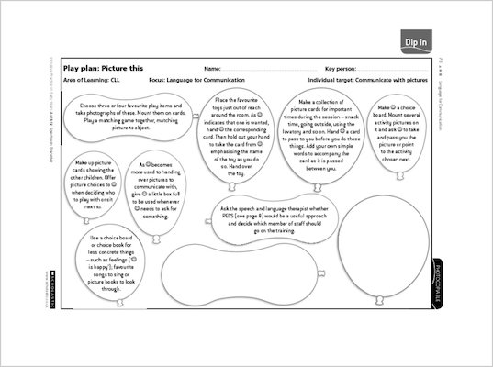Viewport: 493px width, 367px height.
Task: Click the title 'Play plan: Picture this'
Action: [x=99, y=69]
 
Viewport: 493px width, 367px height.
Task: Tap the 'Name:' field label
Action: [x=211, y=69]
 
